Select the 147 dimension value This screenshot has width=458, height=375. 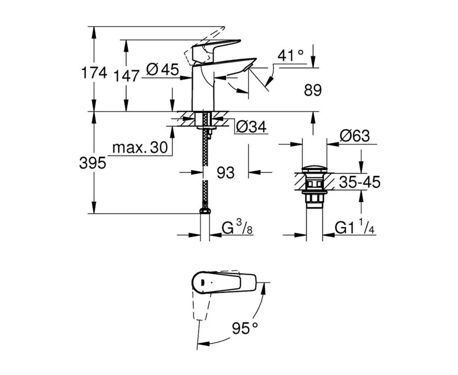pos(126,76)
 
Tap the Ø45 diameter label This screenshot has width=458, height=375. pos(162,69)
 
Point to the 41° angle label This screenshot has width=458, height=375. pos(290,56)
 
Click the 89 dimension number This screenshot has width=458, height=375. pos(313,90)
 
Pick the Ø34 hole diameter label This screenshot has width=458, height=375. pos(251,127)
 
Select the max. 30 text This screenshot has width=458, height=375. pos(140,148)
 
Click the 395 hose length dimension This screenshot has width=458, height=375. pos(93,163)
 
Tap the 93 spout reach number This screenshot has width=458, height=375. pos(225,172)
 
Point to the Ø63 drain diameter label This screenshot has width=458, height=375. pos(354,136)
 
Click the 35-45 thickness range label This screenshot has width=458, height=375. pos(360,182)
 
